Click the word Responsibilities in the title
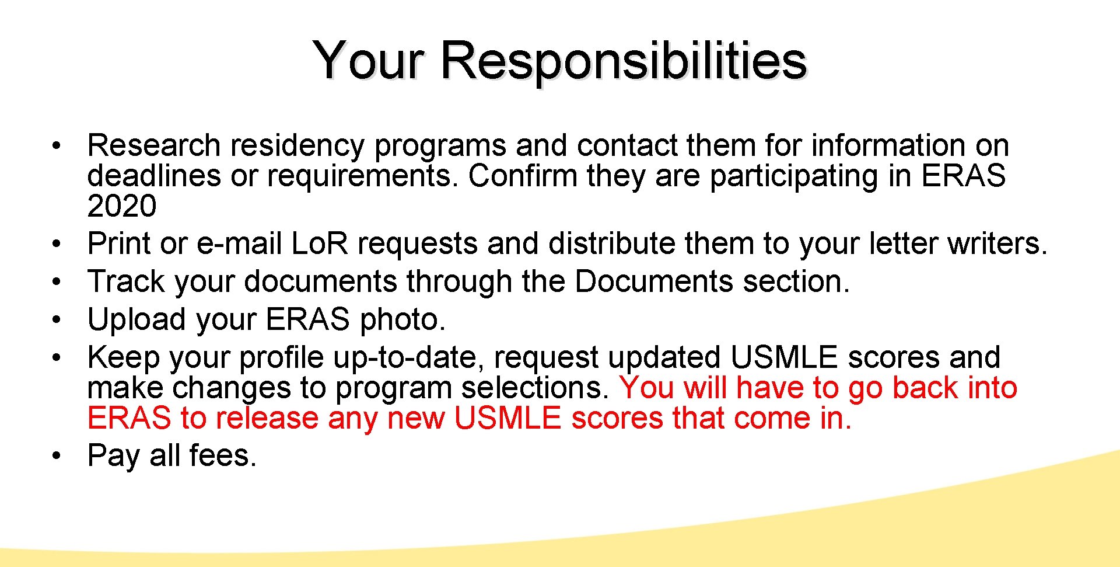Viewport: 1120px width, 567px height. pos(623,61)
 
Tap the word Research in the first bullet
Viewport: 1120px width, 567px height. pos(153,145)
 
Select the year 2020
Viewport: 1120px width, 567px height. pos(122,206)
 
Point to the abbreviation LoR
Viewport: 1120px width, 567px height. pos(319,244)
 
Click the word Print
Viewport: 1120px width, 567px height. pos(119,244)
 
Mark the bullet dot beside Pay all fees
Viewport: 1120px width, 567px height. pos(56,455)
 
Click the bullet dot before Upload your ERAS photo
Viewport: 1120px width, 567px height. pos(56,319)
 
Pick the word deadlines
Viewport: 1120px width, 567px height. pos(154,176)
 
